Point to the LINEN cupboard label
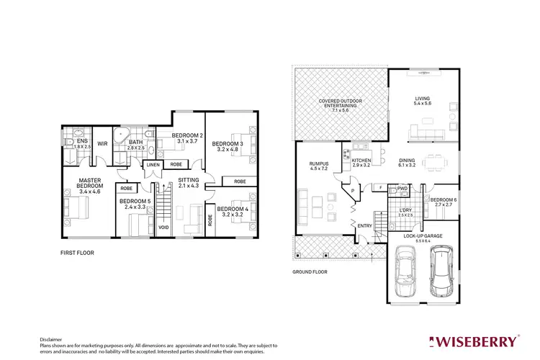[x=153, y=165]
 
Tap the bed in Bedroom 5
[x=138, y=225]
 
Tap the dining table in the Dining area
[x=434, y=162]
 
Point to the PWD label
[x=402, y=189]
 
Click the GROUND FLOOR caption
[x=310, y=271]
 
